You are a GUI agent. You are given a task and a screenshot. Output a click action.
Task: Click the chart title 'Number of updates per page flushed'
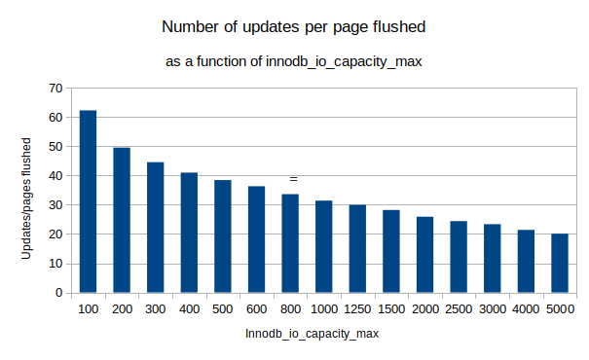coord(293,26)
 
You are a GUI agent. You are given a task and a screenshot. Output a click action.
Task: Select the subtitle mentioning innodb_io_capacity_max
coord(293,62)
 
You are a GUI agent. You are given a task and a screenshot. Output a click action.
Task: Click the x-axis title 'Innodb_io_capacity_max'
coord(312,334)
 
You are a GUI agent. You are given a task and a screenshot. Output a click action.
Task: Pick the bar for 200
coord(122,220)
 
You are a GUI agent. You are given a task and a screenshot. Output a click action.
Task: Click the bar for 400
coord(189,233)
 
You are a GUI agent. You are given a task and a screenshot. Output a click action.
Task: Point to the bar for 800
coord(290,243)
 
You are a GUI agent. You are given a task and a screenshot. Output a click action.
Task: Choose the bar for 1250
coord(357,248)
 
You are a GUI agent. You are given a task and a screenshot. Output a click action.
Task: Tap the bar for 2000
coord(424,254)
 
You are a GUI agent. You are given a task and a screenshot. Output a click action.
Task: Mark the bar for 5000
coord(559,263)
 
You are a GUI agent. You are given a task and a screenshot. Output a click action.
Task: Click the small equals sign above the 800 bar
coord(292,179)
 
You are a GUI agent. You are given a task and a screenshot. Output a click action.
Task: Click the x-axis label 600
coord(256,308)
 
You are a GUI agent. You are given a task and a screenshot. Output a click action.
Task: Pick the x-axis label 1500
coord(390,308)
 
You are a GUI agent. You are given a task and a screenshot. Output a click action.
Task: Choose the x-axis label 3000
coord(492,308)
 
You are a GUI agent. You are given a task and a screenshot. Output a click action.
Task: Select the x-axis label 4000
coord(526,308)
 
